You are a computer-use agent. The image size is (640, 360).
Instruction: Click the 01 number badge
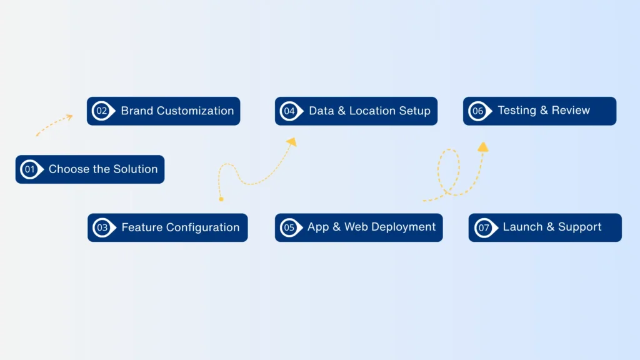click(x=30, y=169)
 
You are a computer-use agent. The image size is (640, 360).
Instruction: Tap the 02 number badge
click(x=101, y=111)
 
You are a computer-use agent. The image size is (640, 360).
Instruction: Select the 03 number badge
click(x=102, y=227)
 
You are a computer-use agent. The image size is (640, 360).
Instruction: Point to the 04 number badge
click(x=289, y=111)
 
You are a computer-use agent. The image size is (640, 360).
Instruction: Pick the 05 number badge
click(x=289, y=227)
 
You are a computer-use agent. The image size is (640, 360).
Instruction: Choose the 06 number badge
click(x=478, y=111)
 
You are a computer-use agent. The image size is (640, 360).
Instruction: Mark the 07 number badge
click(x=484, y=227)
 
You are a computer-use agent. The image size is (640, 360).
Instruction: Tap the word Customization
click(x=195, y=111)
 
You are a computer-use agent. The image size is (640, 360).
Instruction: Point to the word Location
click(x=371, y=111)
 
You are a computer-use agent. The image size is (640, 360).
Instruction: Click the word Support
click(x=579, y=227)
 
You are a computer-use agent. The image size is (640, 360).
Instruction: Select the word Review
click(x=571, y=111)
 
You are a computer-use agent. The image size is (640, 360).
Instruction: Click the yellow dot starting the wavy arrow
click(x=221, y=199)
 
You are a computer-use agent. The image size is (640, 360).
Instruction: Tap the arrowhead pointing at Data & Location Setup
click(x=291, y=142)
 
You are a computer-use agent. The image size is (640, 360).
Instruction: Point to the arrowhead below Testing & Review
click(x=482, y=147)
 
